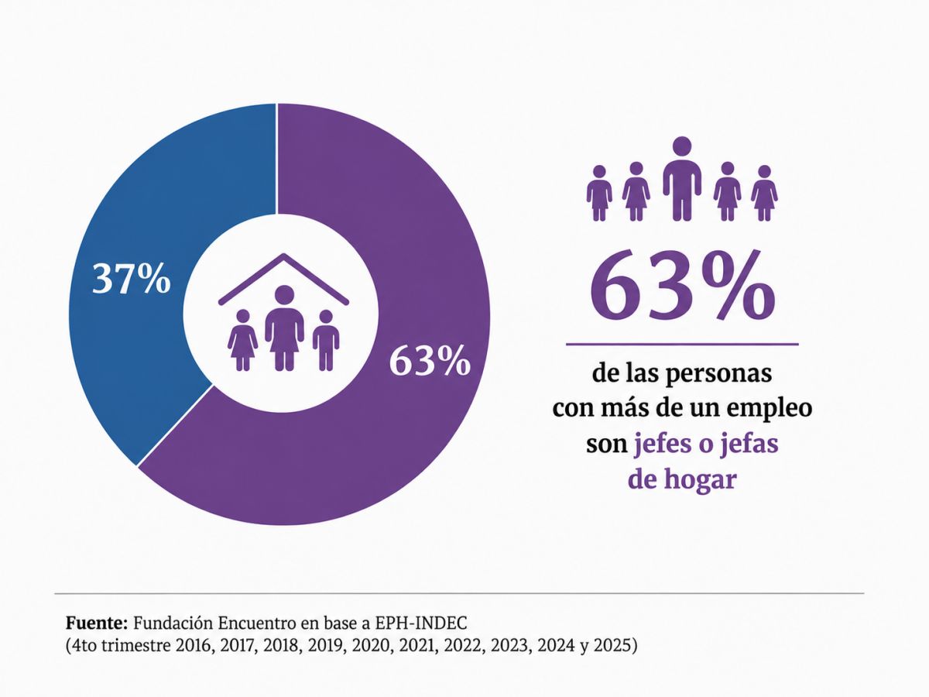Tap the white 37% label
click(x=131, y=279)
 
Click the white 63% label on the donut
click(x=429, y=361)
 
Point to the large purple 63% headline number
click(x=682, y=286)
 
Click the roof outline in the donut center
click(x=283, y=279)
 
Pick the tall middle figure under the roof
click(x=284, y=328)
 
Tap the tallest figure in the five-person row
click(x=682, y=179)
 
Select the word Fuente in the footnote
click(x=97, y=623)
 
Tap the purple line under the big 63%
click(x=682, y=344)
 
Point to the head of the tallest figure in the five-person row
click(x=682, y=146)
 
